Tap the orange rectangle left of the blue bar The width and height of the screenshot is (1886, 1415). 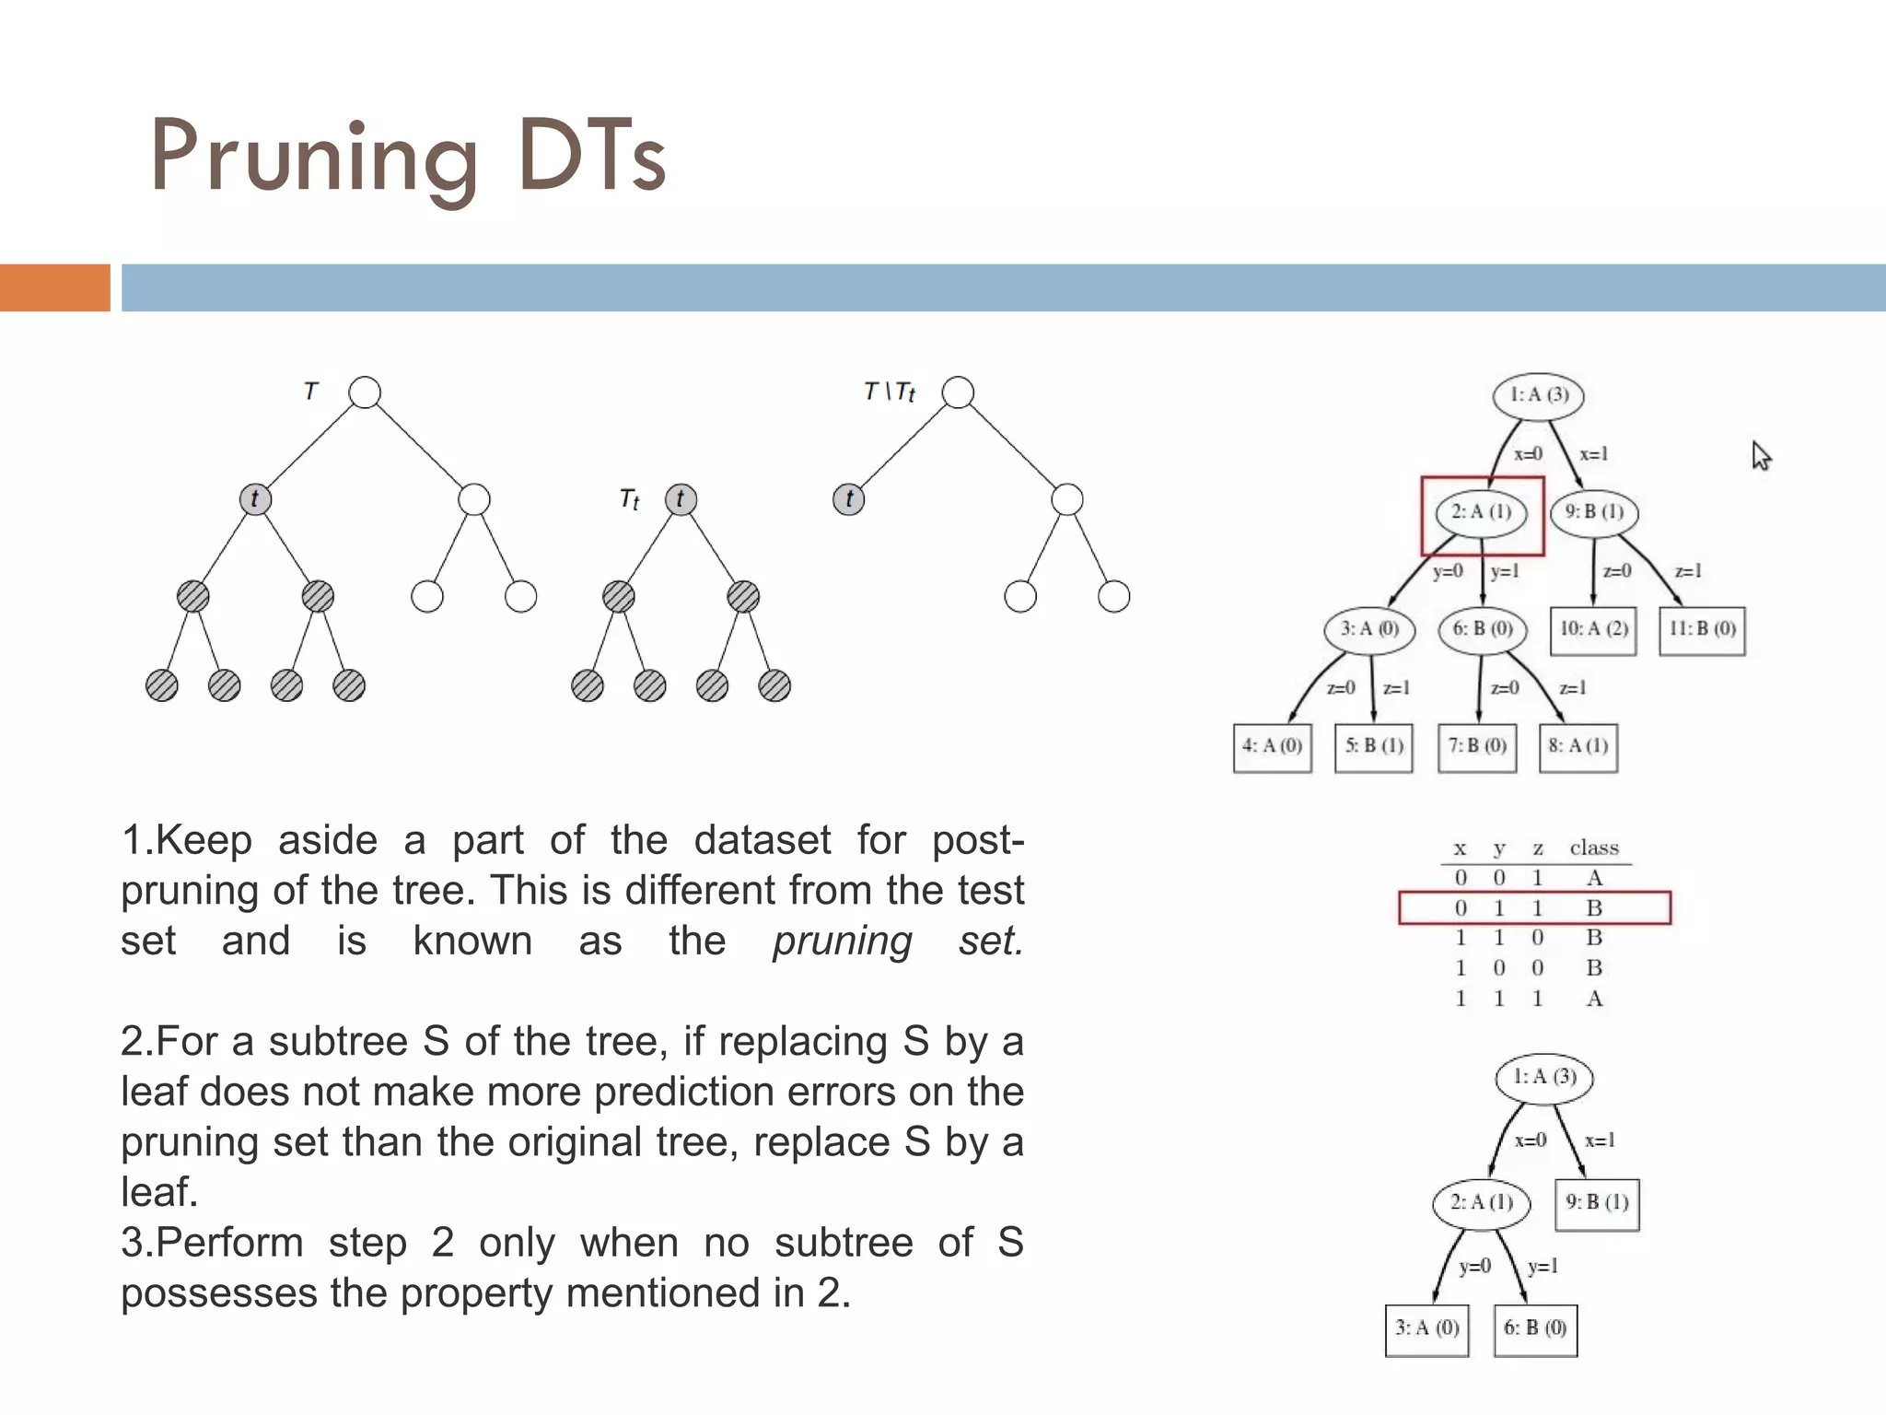coord(54,287)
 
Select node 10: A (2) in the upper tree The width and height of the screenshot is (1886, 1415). coord(1593,630)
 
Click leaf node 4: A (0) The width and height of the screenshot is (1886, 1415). coord(1272,747)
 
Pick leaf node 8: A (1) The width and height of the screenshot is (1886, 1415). coord(1578,747)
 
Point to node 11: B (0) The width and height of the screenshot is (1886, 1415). coord(1702,630)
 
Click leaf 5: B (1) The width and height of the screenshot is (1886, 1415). coord(1374,747)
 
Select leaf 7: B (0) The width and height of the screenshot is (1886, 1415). coord(1477,747)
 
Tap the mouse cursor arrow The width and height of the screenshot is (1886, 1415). coord(1761,456)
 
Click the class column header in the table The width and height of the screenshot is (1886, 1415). coord(1594,848)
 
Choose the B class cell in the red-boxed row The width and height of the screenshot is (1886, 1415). coord(1594,908)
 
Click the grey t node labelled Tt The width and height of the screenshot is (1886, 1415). coord(681,499)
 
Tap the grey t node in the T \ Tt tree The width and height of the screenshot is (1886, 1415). coord(848,499)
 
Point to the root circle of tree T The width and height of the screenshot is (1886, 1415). coord(365,392)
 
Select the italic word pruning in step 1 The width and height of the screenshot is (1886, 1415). coord(842,941)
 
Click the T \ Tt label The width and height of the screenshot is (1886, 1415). coord(890,392)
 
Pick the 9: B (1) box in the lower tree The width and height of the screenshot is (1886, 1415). coord(1597,1204)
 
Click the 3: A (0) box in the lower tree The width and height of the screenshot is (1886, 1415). coord(1426,1329)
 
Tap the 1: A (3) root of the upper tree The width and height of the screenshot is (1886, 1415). coord(1538,396)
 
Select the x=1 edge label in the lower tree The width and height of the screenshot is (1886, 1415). coord(1600,1141)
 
